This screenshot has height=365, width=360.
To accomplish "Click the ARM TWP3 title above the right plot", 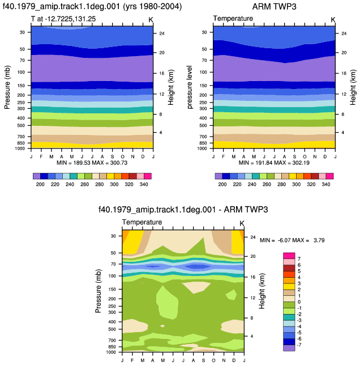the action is click(x=274, y=7).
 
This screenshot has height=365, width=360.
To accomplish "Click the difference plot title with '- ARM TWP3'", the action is click(x=183, y=210).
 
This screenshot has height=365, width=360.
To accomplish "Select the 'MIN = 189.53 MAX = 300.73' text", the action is click(x=92, y=163).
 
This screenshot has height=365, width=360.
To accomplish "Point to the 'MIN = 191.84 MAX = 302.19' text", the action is click(x=274, y=163).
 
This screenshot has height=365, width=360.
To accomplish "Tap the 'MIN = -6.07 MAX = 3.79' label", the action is click(x=292, y=240).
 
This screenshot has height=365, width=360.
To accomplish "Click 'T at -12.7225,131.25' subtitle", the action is click(x=63, y=19).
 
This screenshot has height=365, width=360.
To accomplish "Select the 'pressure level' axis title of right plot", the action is click(x=190, y=87).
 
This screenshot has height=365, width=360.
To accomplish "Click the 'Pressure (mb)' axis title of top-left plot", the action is click(x=7, y=87).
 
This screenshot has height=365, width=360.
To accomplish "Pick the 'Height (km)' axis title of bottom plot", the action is click(x=262, y=291).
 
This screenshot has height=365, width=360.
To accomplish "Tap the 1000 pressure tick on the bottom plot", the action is click(x=111, y=352).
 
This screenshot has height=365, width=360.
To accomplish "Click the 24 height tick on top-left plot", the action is click(x=162, y=33).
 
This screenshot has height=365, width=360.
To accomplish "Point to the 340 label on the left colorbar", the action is click(x=144, y=184).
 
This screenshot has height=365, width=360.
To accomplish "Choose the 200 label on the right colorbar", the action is click(x=222, y=184).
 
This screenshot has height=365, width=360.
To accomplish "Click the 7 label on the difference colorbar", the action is click(x=299, y=259).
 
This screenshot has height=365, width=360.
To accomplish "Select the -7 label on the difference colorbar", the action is click(x=299, y=345).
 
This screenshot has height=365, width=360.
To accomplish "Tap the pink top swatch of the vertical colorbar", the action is click(x=289, y=256).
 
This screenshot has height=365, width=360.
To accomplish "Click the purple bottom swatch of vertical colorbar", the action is click(x=289, y=348).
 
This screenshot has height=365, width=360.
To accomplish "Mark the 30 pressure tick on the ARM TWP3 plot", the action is click(x=204, y=32).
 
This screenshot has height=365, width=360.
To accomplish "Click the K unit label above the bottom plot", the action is click(x=242, y=224).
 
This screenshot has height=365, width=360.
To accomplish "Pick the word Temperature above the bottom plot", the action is click(x=142, y=222).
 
